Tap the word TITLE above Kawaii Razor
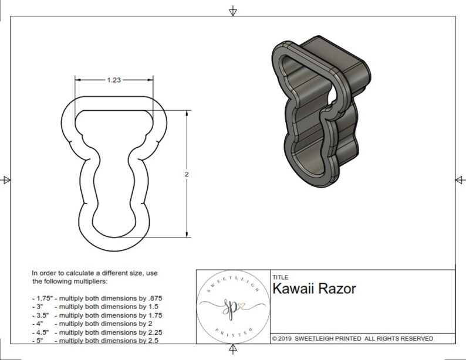(279, 277)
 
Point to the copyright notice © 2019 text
(286, 338)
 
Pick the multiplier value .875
(152, 298)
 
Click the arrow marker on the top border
(233, 11)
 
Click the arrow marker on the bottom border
(233, 349)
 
